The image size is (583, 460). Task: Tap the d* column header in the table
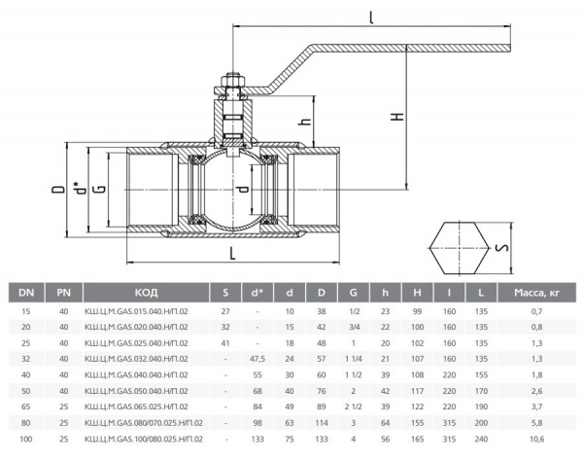(257, 292)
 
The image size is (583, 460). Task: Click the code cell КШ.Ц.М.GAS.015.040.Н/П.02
(146, 310)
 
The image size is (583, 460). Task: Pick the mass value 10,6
(536, 441)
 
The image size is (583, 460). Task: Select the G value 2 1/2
(352, 408)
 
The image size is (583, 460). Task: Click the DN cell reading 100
(26, 441)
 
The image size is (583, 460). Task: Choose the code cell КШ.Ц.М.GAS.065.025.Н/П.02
(146, 408)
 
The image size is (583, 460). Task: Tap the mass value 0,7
(536, 310)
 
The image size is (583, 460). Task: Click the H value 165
(417, 441)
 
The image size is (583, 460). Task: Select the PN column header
(64, 292)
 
